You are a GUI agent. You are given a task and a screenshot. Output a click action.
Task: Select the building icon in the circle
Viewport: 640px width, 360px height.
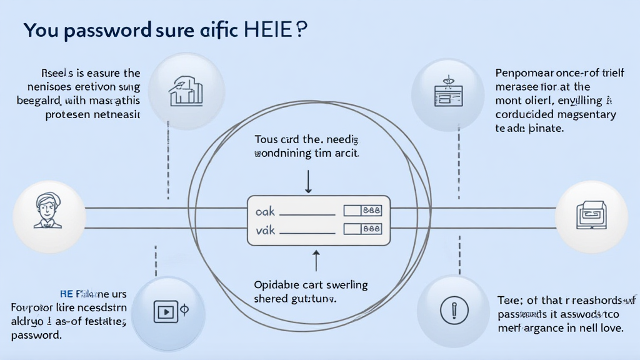pos(186,92)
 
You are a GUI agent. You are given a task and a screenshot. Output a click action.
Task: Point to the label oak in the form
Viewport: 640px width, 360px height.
pos(266,212)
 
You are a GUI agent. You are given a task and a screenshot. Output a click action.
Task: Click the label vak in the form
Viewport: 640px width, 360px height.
pos(266,230)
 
